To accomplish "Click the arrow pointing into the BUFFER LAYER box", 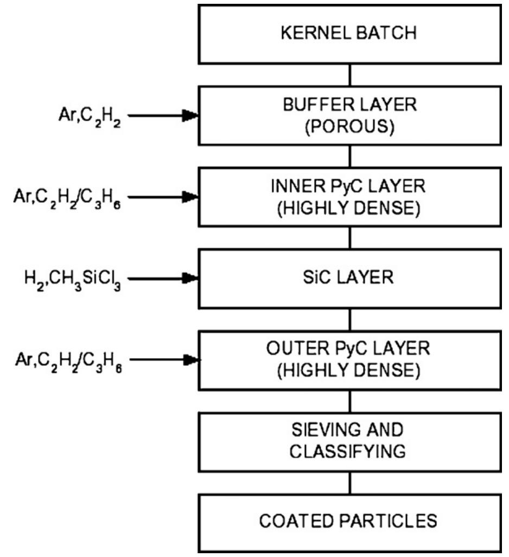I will point(163,115).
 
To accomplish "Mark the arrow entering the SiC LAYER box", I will point(163,278).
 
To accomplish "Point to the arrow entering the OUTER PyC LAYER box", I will point(163,359).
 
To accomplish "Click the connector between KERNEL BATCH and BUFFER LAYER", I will point(349,75).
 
